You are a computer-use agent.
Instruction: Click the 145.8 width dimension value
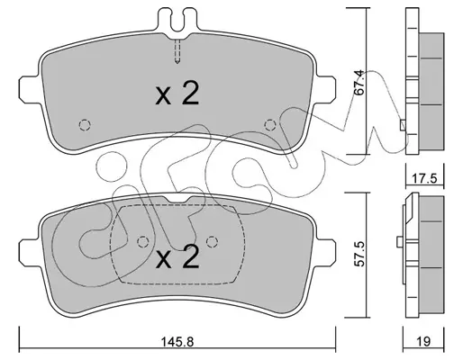[x=177, y=342]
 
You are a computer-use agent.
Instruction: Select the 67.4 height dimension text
[x=359, y=83]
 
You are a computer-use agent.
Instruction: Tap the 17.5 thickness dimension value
[x=423, y=179]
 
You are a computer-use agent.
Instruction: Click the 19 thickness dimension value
[x=423, y=342]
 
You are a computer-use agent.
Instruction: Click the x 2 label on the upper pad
[x=177, y=94]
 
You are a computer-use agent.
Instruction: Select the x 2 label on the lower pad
[x=177, y=256]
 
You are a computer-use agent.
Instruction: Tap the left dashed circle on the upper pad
[x=85, y=125]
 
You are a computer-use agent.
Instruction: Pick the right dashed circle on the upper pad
[x=270, y=125]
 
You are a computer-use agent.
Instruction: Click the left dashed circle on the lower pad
[x=143, y=241]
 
